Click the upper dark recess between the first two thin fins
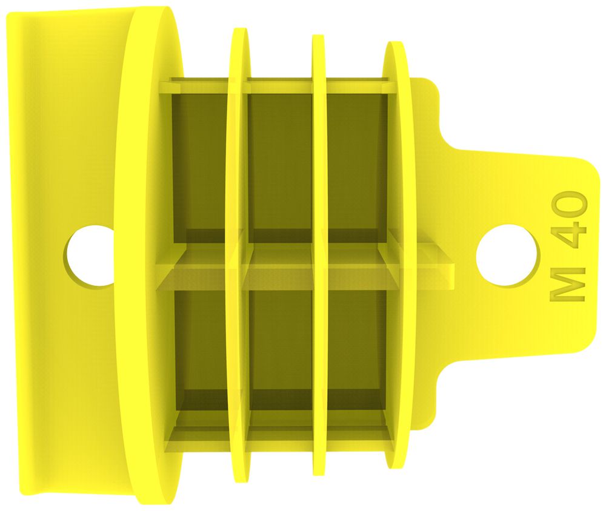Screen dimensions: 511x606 click(280, 163)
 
